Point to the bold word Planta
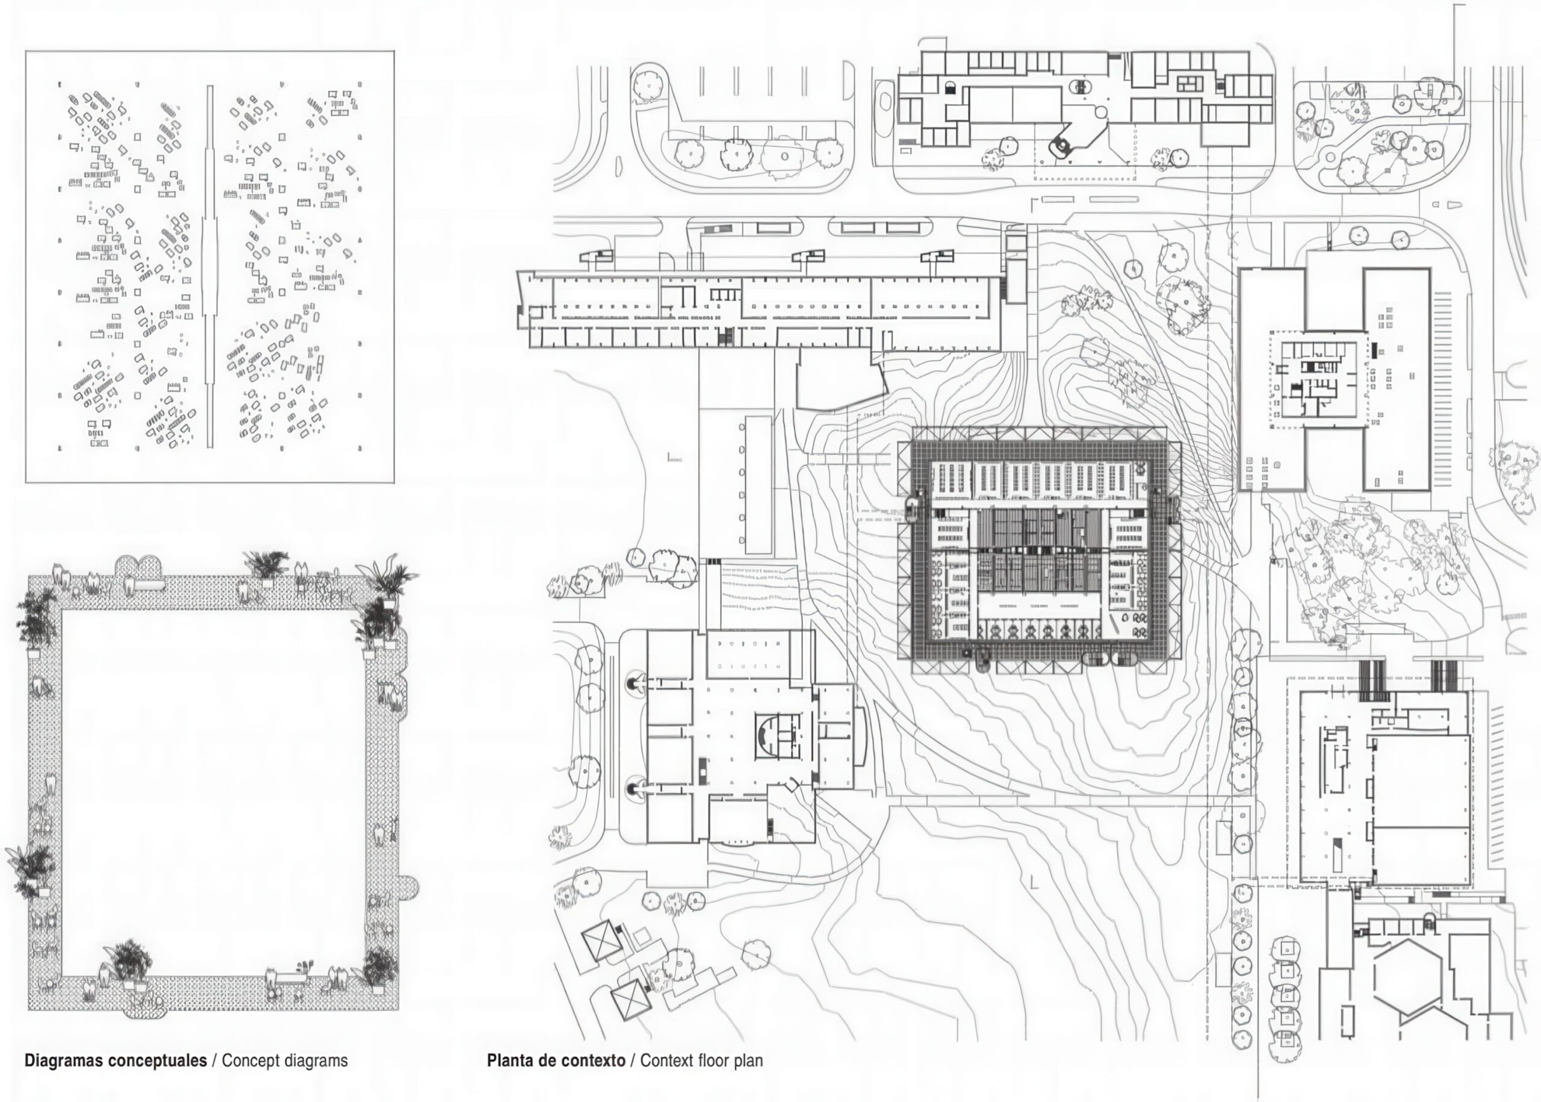[x=509, y=1060]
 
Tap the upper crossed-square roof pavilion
[x=600, y=941]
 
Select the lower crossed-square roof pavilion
[x=631, y=998]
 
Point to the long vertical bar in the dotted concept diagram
[x=209, y=266]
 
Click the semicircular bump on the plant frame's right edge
[x=411, y=886]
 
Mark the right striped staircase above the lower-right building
[x=1445, y=674]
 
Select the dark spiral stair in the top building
[x=1058, y=145]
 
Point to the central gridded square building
[x=1039, y=551]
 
